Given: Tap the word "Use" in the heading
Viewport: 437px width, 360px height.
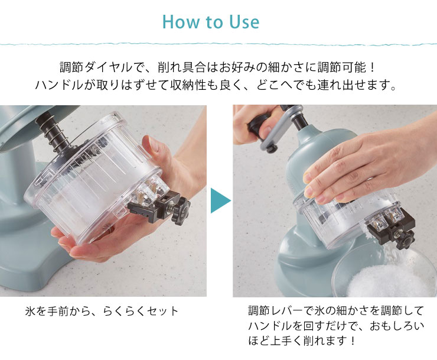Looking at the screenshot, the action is (244, 22).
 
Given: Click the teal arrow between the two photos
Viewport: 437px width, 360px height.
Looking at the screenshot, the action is (220, 200).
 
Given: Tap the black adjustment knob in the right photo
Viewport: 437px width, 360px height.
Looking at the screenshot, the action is (407, 240).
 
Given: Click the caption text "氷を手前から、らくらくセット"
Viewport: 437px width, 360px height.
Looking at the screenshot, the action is (102, 311).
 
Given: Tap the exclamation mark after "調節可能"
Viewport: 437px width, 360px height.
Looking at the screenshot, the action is (373, 68).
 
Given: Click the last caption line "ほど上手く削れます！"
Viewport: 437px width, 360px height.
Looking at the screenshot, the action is (302, 340).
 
